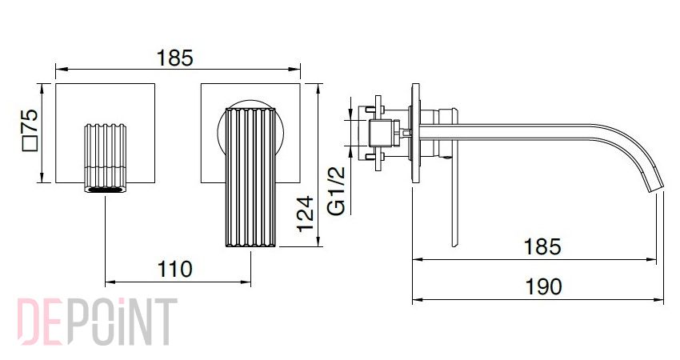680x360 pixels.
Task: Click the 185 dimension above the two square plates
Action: (174, 58)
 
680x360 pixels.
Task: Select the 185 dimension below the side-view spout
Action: (542, 246)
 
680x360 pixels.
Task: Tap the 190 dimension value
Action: (543, 286)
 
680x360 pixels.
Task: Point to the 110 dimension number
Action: (174, 269)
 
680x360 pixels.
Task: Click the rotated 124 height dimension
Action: (306, 214)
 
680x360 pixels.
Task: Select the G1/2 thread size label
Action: (337, 191)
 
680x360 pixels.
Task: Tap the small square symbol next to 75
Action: (30, 143)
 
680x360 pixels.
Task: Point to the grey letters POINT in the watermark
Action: (123, 322)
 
